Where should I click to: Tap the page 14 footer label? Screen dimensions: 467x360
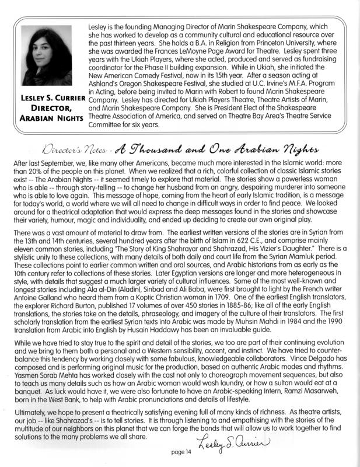click(181, 452)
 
